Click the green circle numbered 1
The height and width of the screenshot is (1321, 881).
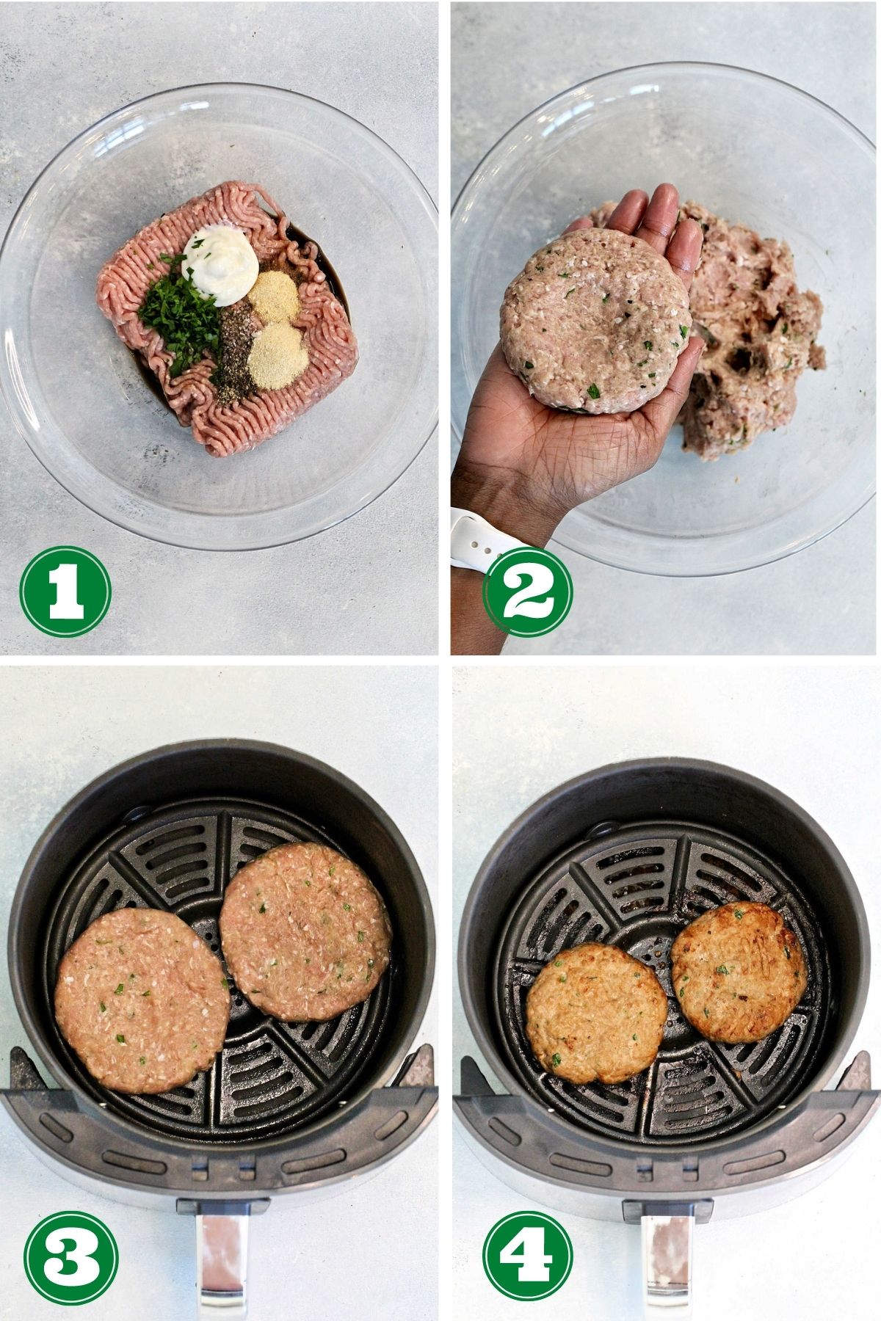click(65, 592)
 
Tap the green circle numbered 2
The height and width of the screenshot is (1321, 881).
click(527, 592)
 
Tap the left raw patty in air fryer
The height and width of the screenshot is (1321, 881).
click(142, 1000)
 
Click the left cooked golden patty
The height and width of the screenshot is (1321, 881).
click(595, 1014)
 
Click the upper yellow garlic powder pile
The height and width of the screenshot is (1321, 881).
click(273, 295)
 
